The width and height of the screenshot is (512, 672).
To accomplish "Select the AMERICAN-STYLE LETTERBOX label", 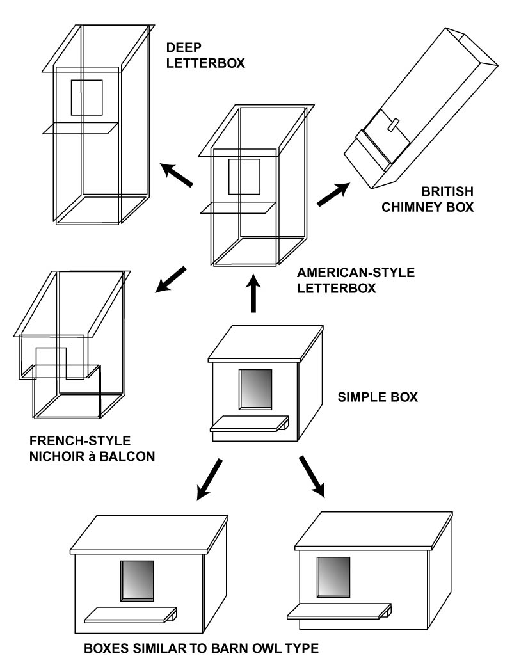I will click(356, 280).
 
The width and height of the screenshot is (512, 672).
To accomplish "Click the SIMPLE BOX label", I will click(377, 397).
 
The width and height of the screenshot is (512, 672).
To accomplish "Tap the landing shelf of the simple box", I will click(250, 423).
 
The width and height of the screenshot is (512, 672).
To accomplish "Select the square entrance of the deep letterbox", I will click(86, 97).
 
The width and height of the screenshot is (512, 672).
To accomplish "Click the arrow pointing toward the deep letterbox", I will click(176, 175).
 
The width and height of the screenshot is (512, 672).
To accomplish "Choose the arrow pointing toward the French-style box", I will click(171, 280).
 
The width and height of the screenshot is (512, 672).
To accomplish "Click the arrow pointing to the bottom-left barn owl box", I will click(209, 479).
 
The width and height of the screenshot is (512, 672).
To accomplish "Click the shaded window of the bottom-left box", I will click(138, 580).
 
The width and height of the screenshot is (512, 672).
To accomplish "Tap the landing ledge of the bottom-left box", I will click(132, 614).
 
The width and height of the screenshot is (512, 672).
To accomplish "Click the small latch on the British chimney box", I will click(394, 123).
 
